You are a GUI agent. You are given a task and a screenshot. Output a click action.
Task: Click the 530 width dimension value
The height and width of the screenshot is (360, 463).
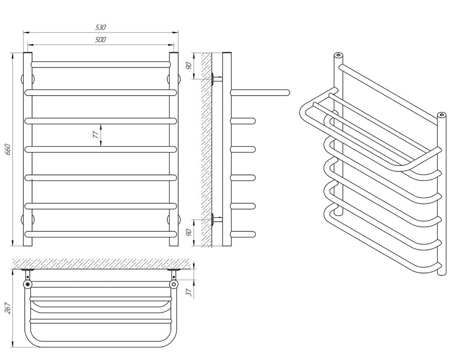pos(101,27)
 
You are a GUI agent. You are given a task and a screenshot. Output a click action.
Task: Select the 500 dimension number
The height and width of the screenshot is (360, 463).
pos(101,40)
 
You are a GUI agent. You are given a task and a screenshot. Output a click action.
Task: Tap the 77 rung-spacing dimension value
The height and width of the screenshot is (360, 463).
pos(95,135)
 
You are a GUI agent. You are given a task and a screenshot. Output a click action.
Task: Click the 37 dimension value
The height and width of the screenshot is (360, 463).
pos(189,292)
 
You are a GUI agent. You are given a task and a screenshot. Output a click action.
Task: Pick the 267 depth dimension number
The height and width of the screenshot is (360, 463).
pos(8,308)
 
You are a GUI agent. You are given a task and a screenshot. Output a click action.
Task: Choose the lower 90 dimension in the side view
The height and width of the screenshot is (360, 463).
pos(189,233)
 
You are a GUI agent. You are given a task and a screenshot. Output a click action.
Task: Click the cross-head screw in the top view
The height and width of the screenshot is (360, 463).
pos(28,284)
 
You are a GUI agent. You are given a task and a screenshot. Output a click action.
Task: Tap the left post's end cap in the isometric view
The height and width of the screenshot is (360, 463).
pos(338,55)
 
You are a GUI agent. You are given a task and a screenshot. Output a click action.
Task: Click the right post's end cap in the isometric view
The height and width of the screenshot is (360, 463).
pos(442,115)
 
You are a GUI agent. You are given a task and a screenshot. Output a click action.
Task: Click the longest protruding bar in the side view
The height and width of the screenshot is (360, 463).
pos(260,93)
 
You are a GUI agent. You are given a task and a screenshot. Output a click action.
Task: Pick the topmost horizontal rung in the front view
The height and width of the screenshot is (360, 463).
pos(101,65)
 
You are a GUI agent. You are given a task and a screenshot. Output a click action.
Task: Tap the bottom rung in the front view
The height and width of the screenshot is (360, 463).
pos(101,234)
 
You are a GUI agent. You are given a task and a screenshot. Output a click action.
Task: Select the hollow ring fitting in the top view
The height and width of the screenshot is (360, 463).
pos(174,284)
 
